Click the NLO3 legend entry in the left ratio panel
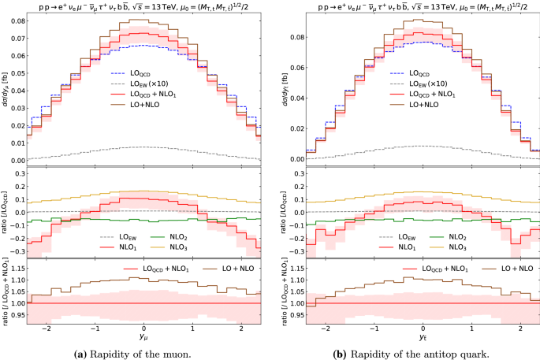(x=188, y=247)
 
